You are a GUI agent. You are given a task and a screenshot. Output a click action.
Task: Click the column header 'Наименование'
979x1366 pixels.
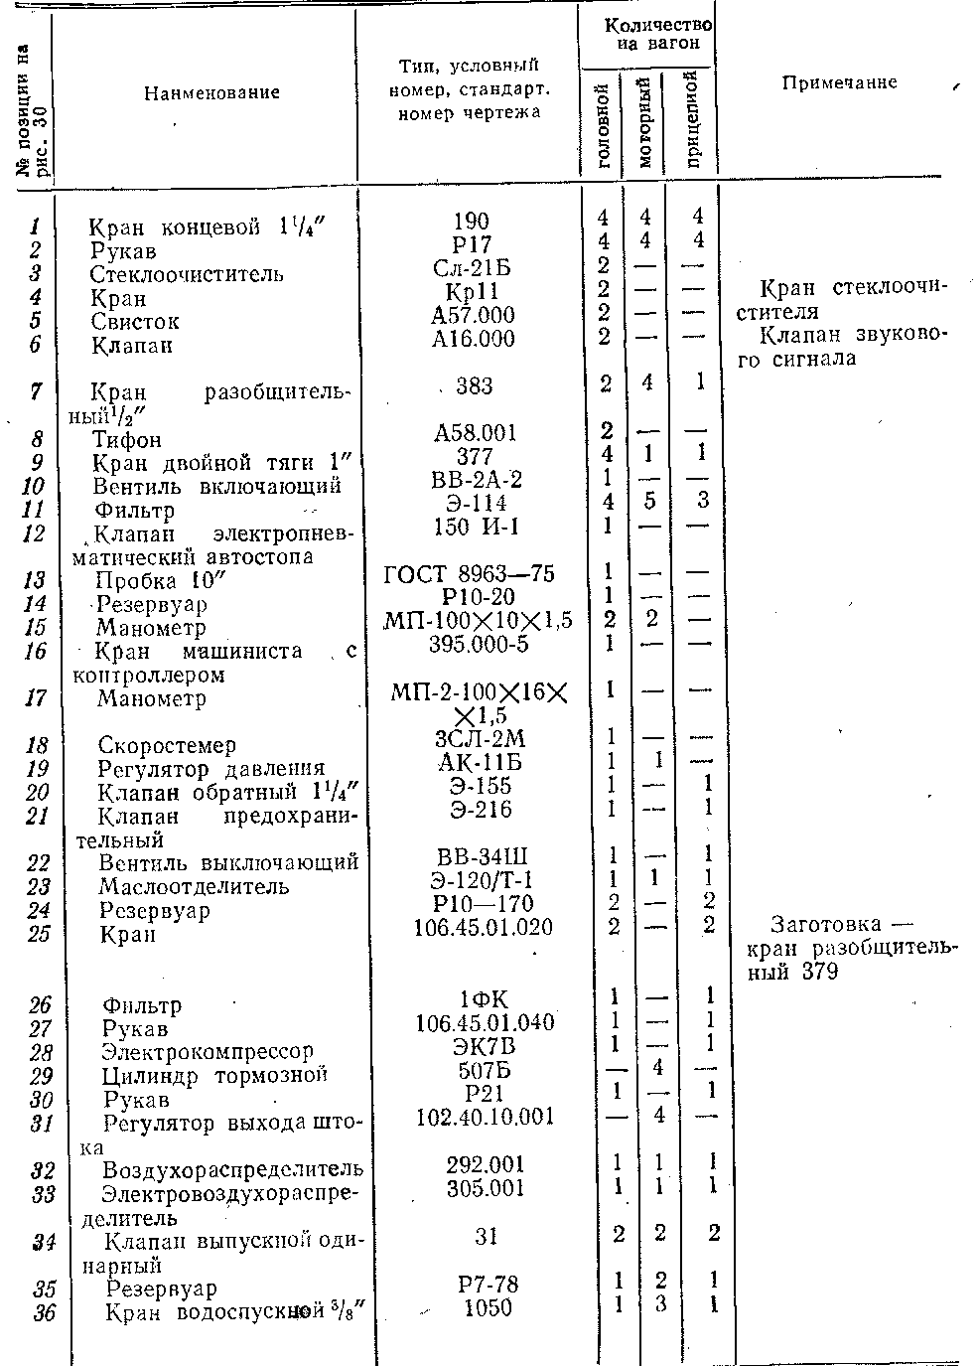tap(211, 92)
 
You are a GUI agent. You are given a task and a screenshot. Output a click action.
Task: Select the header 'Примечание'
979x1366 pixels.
tap(839, 82)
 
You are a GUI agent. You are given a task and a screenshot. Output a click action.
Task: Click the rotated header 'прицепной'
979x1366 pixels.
tap(694, 117)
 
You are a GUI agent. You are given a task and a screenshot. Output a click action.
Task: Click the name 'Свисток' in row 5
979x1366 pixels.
tap(135, 322)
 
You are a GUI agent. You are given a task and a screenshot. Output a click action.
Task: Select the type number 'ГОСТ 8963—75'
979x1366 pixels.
tap(470, 574)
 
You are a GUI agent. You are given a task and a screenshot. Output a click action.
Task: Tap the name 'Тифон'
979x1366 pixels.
tap(127, 439)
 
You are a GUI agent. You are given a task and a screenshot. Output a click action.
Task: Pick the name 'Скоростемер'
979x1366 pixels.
tap(167, 745)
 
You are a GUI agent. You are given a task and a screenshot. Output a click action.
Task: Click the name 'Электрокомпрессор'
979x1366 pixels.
tap(208, 1051)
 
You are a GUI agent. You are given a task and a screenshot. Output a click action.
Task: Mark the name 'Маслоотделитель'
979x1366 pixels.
tap(194, 885)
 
